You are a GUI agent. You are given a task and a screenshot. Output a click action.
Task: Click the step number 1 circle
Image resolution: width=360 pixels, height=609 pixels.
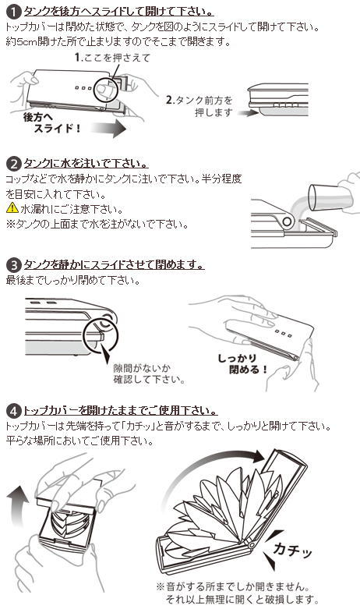[x=14, y=11]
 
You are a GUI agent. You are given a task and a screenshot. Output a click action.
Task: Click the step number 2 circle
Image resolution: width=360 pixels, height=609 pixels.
[x=14, y=164]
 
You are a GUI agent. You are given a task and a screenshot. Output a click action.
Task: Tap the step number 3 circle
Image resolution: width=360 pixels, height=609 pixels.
[x=14, y=265]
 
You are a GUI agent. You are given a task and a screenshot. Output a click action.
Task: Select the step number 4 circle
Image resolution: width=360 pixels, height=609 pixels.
[x=14, y=410]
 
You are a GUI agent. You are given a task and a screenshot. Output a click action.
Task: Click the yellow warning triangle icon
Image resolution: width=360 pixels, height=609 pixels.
[x=12, y=208]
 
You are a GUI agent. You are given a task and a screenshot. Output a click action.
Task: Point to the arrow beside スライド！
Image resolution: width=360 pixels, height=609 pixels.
[x=109, y=129]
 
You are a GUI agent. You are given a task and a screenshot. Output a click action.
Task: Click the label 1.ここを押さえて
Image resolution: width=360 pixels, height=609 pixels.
[x=112, y=58]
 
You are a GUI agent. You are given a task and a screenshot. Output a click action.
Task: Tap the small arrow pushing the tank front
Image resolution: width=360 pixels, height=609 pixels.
[x=248, y=113]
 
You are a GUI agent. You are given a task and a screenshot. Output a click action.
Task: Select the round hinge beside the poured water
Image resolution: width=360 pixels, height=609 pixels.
[x=288, y=222]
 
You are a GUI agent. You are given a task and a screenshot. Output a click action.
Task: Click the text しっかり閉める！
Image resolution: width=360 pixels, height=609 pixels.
[x=242, y=364]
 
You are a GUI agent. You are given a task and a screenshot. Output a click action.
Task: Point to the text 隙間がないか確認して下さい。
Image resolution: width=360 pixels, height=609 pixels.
[x=149, y=374]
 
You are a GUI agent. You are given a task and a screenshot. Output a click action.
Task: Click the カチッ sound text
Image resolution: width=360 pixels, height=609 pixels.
[x=292, y=550]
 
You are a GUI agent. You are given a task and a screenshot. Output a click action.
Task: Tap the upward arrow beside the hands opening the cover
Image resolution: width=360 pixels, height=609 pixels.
[x=18, y=506]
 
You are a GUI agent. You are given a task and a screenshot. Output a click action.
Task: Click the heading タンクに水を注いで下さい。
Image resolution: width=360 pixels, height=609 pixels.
[x=86, y=164]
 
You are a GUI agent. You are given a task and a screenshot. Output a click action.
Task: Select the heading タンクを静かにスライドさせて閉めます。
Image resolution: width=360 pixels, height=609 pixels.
[x=114, y=265]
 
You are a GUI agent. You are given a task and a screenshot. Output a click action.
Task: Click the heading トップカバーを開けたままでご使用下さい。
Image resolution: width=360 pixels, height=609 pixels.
[x=121, y=410]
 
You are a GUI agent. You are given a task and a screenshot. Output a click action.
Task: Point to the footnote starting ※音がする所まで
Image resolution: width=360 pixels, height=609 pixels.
[x=238, y=593]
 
